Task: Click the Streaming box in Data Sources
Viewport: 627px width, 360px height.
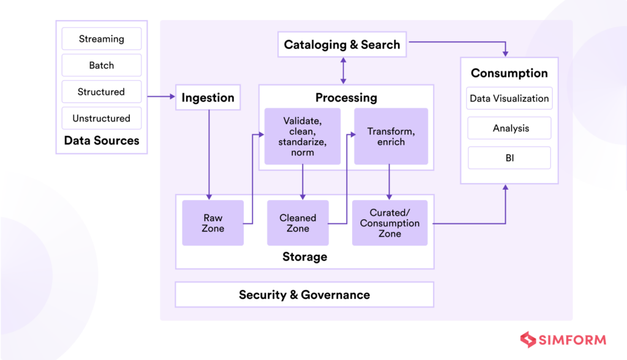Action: [x=101, y=39]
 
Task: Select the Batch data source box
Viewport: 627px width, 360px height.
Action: [x=101, y=65]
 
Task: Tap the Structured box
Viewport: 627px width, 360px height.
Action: [x=101, y=92]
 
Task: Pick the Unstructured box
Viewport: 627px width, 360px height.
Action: [x=101, y=118]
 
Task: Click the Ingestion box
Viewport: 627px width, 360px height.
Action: [x=208, y=98]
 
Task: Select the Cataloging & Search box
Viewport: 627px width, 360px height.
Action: [x=342, y=45]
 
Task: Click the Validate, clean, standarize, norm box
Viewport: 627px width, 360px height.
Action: [x=302, y=137]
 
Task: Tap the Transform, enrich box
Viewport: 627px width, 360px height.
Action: [x=391, y=137]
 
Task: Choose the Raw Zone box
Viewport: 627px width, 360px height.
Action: [x=213, y=223]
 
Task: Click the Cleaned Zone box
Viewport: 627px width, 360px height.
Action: [x=298, y=223]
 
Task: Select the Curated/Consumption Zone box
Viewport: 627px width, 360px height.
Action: [x=389, y=223]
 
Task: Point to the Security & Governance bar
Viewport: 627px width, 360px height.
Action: [x=304, y=294]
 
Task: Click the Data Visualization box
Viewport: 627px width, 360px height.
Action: [x=509, y=99]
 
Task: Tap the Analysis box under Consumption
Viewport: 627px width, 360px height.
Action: [x=509, y=129]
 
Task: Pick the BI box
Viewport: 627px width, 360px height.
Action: [x=509, y=158]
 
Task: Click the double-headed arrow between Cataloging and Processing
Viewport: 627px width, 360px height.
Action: [x=343, y=70]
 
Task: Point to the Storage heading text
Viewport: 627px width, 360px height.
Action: [x=304, y=257]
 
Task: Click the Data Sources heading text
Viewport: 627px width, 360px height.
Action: [x=101, y=141]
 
